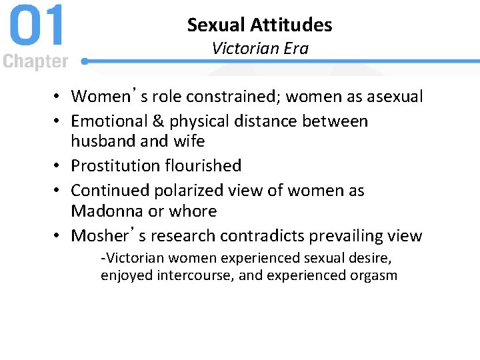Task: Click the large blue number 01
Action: (x=37, y=27)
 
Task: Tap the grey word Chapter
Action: (x=35, y=62)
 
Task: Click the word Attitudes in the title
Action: (x=292, y=25)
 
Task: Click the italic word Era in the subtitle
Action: (x=297, y=48)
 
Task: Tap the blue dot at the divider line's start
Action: (x=85, y=61)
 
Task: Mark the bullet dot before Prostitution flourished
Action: (x=59, y=166)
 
